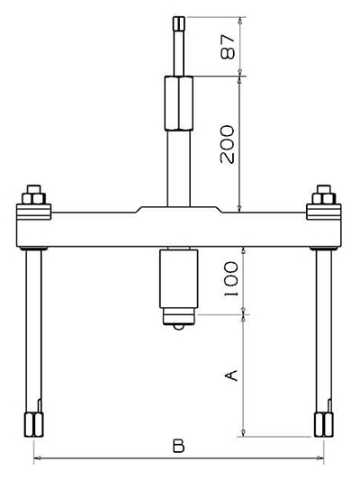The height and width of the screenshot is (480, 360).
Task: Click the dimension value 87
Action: [x=228, y=46]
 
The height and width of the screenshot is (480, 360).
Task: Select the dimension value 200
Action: [x=228, y=144]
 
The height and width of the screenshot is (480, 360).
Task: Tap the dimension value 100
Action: [x=231, y=278]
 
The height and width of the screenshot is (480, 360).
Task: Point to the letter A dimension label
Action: [x=231, y=376]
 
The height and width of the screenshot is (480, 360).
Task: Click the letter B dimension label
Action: [x=178, y=446]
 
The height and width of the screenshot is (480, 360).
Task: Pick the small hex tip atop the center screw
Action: [x=179, y=23]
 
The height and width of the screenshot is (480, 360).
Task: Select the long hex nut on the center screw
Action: [x=179, y=104]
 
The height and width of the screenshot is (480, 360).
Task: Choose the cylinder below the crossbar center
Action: [x=178, y=278]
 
